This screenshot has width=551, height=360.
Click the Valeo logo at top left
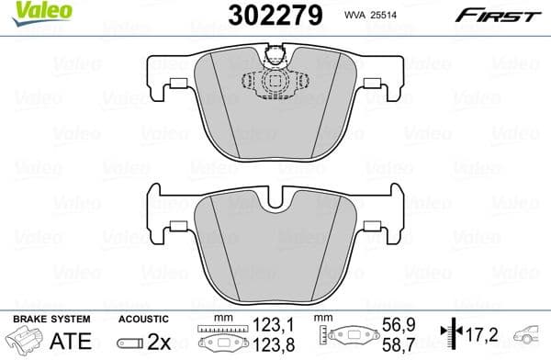pos(42,13)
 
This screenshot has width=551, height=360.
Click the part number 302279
pos(275,15)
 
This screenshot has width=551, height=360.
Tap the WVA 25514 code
pos(370,15)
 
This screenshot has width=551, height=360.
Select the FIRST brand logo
pos(499,16)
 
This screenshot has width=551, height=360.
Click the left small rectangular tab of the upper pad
pos(178,84)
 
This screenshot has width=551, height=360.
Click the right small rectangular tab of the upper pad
pos(373,84)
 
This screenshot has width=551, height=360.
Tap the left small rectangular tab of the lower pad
pos(178,226)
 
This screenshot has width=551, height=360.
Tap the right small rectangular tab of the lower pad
pos(373,226)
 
